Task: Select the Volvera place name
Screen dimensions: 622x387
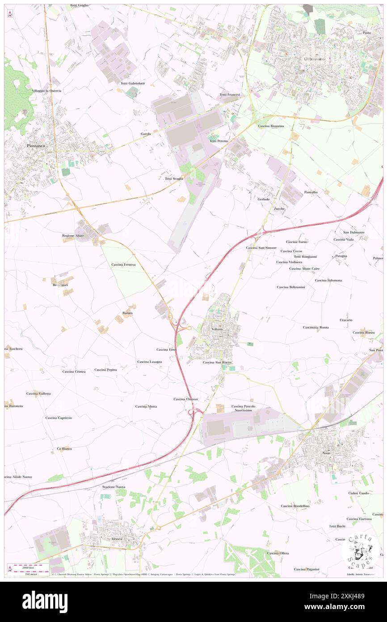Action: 217,329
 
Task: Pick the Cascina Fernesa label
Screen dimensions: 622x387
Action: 126,265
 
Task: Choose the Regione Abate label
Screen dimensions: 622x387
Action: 73,235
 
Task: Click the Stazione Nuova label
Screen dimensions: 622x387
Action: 114,486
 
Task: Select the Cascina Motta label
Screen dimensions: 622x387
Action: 146,406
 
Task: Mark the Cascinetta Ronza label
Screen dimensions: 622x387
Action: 315,328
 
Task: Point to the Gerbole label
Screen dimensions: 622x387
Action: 263,199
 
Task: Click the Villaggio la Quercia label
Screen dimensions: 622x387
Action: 53,90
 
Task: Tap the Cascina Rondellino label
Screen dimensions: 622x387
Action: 295,506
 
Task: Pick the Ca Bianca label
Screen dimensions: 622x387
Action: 64,448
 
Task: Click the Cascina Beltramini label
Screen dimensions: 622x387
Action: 291,287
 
